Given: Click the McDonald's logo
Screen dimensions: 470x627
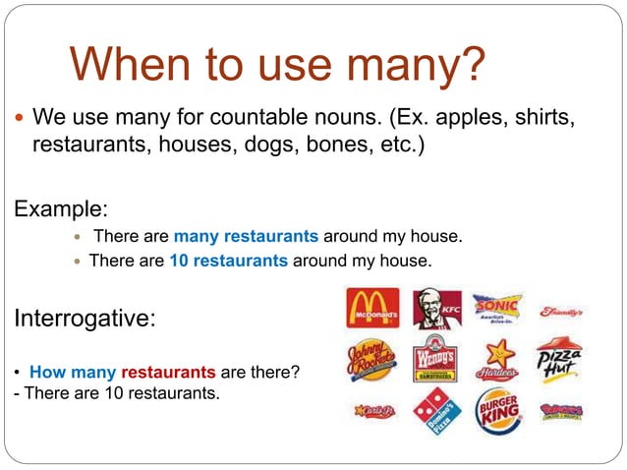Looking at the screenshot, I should tap(372, 308).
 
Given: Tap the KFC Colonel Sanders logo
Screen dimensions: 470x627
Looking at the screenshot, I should tap(435, 309).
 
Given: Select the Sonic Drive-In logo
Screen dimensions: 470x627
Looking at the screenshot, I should tap(497, 307).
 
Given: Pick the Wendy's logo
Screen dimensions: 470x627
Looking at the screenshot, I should tap(434, 360).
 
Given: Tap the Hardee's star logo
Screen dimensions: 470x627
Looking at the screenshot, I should tap(497, 360).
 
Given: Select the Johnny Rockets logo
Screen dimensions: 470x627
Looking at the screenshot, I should tap(371, 360).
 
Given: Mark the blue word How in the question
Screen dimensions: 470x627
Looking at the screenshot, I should tap(48, 373).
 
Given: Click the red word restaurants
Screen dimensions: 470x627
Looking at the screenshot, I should tap(168, 373).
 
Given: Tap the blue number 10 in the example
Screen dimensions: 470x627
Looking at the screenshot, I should tap(179, 261).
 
